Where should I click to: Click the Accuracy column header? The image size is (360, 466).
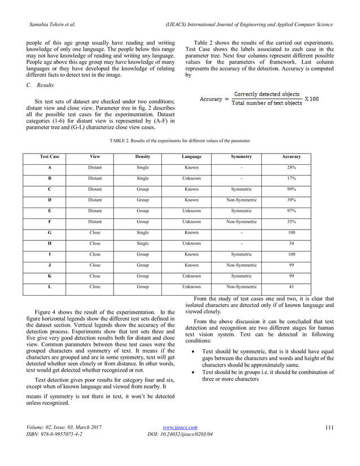click(291, 156)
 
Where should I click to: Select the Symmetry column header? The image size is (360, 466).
click(241, 156)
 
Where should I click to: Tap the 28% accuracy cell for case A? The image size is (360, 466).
click(291, 168)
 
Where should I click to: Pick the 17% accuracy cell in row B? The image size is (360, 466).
click(291, 179)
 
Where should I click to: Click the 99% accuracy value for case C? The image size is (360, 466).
click(291, 190)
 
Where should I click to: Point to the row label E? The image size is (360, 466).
click(50, 211)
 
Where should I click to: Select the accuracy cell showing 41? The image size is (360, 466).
click(291, 287)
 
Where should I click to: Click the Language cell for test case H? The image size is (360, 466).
click(191, 244)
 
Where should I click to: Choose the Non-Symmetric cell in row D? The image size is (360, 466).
click(241, 200)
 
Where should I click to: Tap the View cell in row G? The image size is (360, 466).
click(95, 232)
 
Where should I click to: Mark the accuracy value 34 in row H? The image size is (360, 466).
click(291, 244)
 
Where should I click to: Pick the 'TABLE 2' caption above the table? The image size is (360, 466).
click(179, 140)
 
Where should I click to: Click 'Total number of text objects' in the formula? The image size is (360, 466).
click(268, 103)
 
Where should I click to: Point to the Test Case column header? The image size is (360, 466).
click(50, 156)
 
